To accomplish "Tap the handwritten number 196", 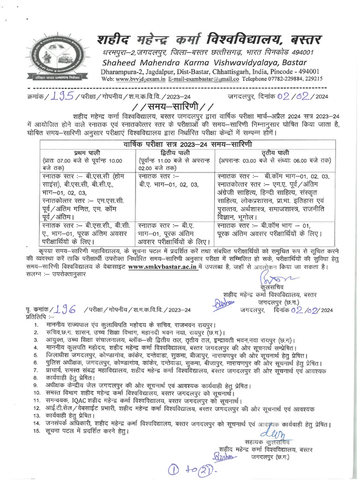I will point(65,309).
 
